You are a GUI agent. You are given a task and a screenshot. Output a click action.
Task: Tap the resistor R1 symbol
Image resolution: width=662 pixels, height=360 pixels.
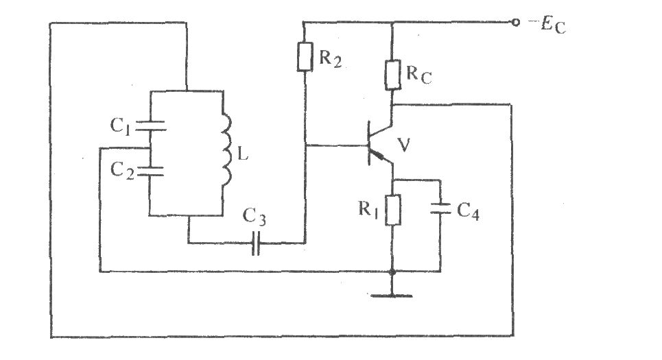(392, 211)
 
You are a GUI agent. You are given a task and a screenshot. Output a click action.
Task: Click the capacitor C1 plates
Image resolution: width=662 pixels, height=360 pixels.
(149, 126)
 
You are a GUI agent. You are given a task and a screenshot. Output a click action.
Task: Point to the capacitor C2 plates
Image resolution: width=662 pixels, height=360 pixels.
(149, 170)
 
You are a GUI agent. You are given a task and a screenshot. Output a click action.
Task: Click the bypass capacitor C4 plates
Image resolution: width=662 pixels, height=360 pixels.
(440, 208)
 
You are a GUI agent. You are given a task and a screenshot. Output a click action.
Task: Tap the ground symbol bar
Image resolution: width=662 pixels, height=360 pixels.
(392, 296)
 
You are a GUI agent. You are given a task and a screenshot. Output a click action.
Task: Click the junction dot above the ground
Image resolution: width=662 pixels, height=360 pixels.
(392, 272)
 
